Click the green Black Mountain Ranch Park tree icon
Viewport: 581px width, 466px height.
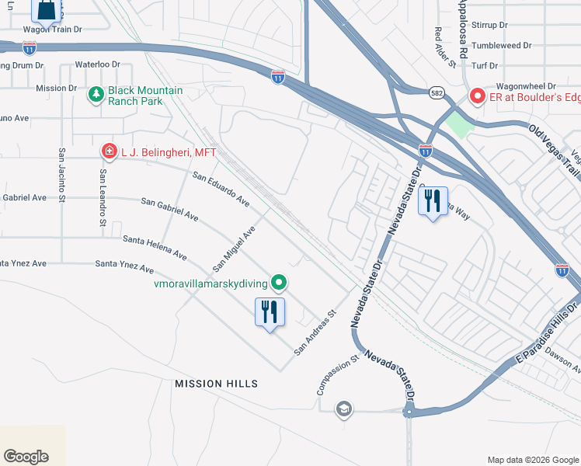97,95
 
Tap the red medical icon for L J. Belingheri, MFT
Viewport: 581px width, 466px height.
110,151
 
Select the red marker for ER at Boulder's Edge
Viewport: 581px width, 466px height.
476,97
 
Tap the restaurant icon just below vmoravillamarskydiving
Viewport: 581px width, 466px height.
270,312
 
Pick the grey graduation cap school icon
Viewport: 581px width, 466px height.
344,409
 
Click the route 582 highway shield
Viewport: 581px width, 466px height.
437,92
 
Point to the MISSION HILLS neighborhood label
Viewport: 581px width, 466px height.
216,384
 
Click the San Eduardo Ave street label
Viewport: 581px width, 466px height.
221,189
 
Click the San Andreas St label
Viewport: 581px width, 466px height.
314,335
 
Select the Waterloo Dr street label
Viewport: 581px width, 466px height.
98,64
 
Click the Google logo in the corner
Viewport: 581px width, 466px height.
26,457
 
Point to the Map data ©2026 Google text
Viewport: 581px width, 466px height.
532,460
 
